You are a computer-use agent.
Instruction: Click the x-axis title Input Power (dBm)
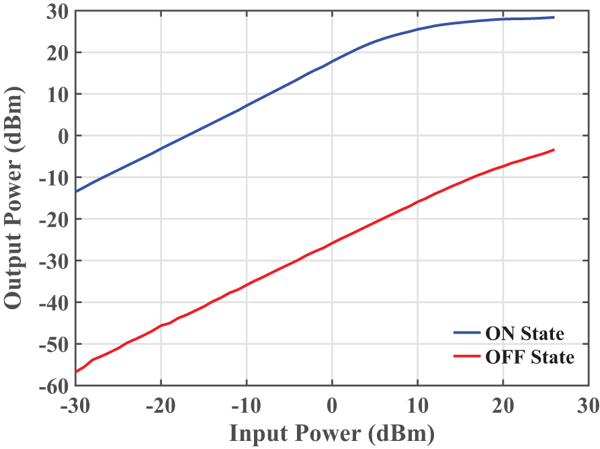click(332, 433)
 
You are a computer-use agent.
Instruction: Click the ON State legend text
click(524, 334)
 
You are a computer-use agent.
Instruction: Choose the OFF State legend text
click(529, 357)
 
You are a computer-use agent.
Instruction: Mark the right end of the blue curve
click(554, 17)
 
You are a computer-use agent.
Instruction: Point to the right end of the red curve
click(554, 149)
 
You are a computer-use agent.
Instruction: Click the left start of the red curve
click(76, 371)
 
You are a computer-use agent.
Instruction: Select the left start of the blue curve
click(76, 192)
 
